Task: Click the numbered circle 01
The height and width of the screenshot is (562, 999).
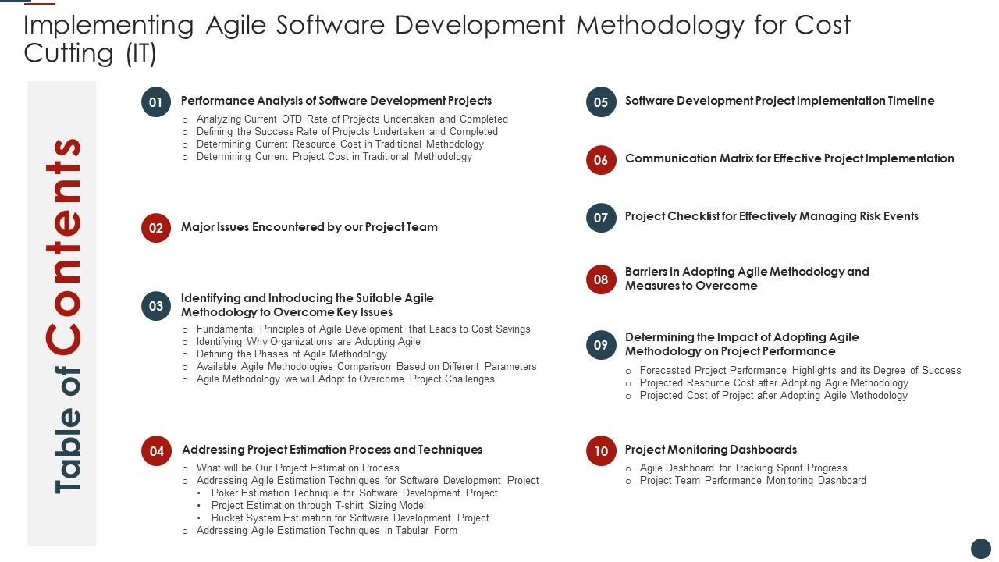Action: pyautogui.click(x=156, y=102)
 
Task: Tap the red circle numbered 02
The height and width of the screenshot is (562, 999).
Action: pyautogui.click(x=156, y=228)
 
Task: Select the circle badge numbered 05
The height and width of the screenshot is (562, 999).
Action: pyautogui.click(x=601, y=102)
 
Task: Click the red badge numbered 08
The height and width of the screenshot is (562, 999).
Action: pyautogui.click(x=601, y=279)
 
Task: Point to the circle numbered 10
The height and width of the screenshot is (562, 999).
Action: pyautogui.click(x=601, y=451)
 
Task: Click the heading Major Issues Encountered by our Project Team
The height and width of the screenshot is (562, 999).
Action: pyautogui.click(x=309, y=227)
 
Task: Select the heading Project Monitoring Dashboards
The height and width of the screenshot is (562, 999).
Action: pyautogui.click(x=710, y=450)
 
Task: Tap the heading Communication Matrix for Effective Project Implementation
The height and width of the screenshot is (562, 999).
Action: pyautogui.click(x=789, y=158)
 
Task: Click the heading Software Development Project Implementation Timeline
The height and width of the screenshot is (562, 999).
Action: pyautogui.click(x=779, y=101)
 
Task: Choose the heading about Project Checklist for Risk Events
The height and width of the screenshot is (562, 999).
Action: pyautogui.click(x=771, y=216)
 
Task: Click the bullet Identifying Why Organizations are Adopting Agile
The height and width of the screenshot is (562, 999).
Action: pyautogui.click(x=308, y=342)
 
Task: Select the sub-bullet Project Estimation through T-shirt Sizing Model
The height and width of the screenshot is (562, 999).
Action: pyautogui.click(x=318, y=506)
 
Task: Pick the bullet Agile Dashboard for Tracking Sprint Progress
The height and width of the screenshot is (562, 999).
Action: pyautogui.click(x=743, y=468)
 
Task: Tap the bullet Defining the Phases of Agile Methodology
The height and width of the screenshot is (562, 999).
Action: pyautogui.click(x=291, y=354)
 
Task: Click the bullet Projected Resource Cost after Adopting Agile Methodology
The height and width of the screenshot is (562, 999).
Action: pyautogui.click(x=773, y=383)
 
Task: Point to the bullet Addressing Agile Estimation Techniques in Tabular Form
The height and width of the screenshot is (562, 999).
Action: pyautogui.click(x=326, y=531)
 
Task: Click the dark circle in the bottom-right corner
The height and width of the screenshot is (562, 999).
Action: pyautogui.click(x=981, y=548)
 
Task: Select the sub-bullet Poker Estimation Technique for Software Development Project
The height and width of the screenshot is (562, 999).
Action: pyautogui.click(x=354, y=493)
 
